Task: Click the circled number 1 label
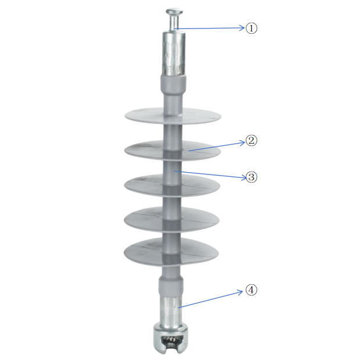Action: (x=251, y=28)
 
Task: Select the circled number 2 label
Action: (x=251, y=141)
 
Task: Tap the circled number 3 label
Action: (x=251, y=177)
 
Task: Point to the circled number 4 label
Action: (x=251, y=290)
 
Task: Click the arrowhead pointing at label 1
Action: (x=242, y=28)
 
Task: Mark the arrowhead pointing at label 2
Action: (x=242, y=142)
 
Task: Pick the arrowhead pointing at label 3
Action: (x=244, y=178)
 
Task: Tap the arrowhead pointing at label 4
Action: (x=240, y=292)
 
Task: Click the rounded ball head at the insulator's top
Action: (x=174, y=12)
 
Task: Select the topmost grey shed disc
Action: (x=173, y=116)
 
